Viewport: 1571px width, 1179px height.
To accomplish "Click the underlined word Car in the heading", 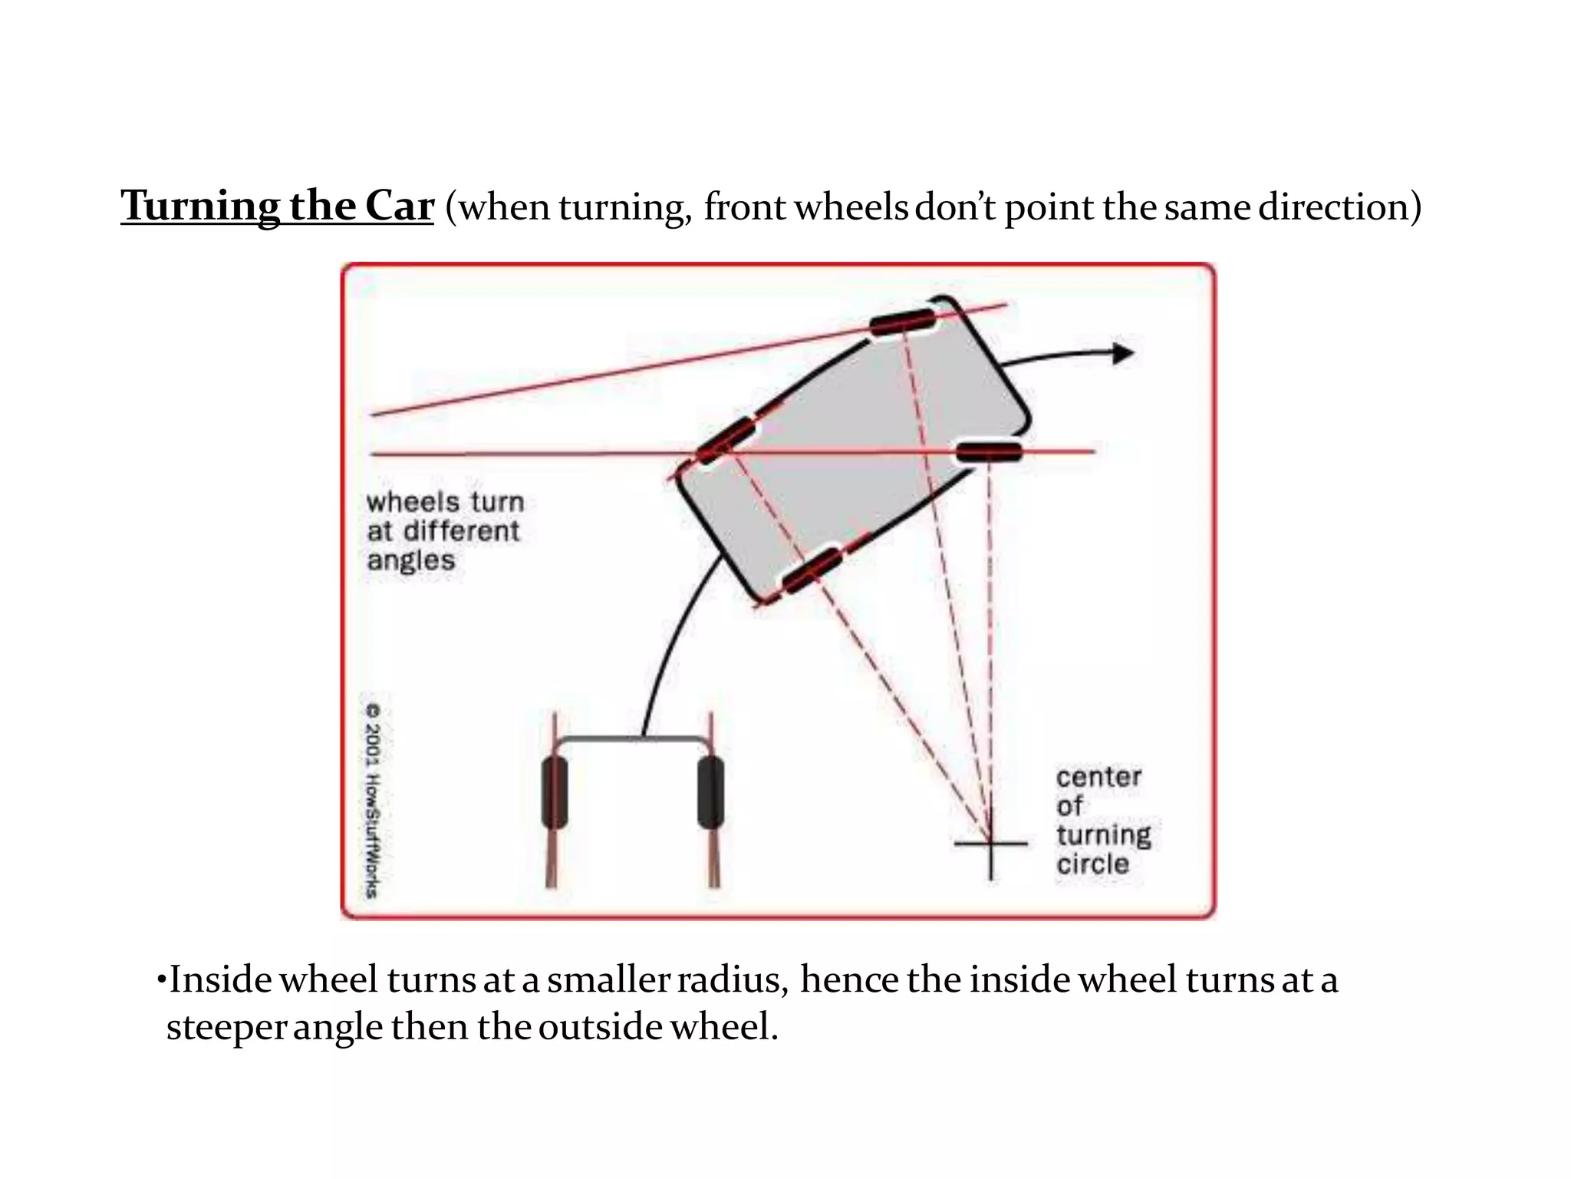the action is tap(399, 206).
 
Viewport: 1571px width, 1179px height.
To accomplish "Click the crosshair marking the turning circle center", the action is tap(990, 844).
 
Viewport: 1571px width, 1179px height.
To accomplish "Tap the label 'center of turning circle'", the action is tap(1103, 821).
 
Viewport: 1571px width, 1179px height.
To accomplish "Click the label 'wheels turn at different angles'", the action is tap(445, 531).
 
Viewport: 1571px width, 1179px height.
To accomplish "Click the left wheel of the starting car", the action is tap(554, 793).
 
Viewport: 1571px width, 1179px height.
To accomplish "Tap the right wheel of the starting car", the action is tap(711, 793).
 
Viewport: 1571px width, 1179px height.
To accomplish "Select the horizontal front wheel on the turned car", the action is tap(990, 451).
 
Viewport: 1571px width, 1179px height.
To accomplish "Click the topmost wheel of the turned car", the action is tap(903, 322).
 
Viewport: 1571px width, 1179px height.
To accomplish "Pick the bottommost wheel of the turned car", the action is tap(812, 570).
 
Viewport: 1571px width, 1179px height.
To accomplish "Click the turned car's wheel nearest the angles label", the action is tap(725, 440).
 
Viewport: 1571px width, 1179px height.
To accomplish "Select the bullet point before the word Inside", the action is tap(160, 980).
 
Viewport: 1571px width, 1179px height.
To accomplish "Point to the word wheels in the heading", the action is tap(851, 206).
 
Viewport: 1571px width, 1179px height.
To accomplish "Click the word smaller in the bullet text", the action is tap(608, 980).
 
